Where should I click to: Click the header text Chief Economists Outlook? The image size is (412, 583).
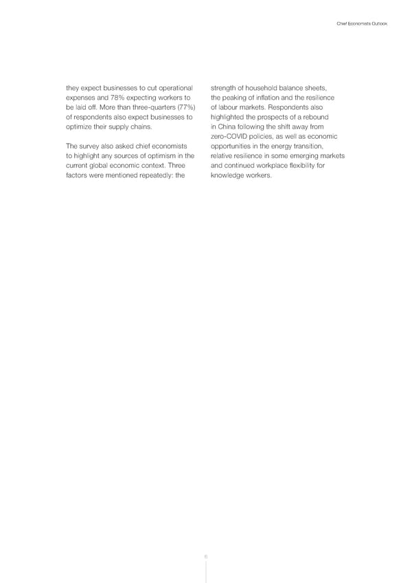coord(363,23)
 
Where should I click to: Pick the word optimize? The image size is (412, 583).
coord(80,127)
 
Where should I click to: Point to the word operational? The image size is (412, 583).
coord(171,87)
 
